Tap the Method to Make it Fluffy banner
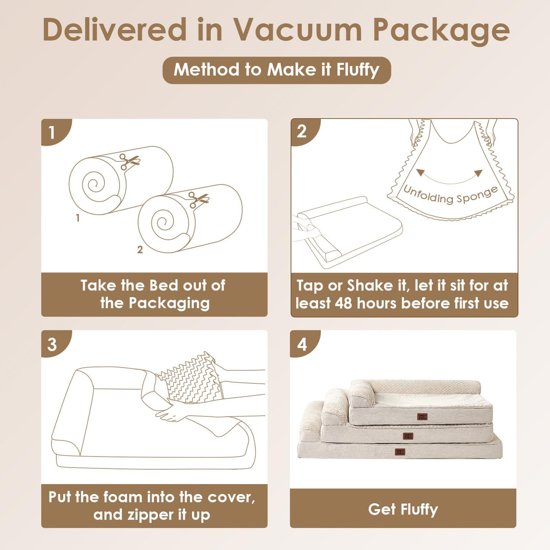pyautogui.click(x=276, y=70)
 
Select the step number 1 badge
pyautogui.click(x=54, y=132)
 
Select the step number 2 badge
pyautogui.click(x=304, y=132)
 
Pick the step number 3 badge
pyautogui.click(x=54, y=344)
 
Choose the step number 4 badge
pyautogui.click(x=303, y=344)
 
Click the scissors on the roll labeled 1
pyautogui.click(x=129, y=161)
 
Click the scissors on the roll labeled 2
pyautogui.click(x=198, y=199)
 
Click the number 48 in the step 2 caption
pyautogui.click(x=343, y=303)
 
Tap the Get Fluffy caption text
pyautogui.click(x=403, y=510)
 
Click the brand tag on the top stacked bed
pyautogui.click(x=422, y=417)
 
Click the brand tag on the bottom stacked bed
pyautogui.click(x=400, y=451)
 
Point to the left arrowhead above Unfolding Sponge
pyautogui.click(x=419, y=172)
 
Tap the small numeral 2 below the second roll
pyautogui.click(x=140, y=249)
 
